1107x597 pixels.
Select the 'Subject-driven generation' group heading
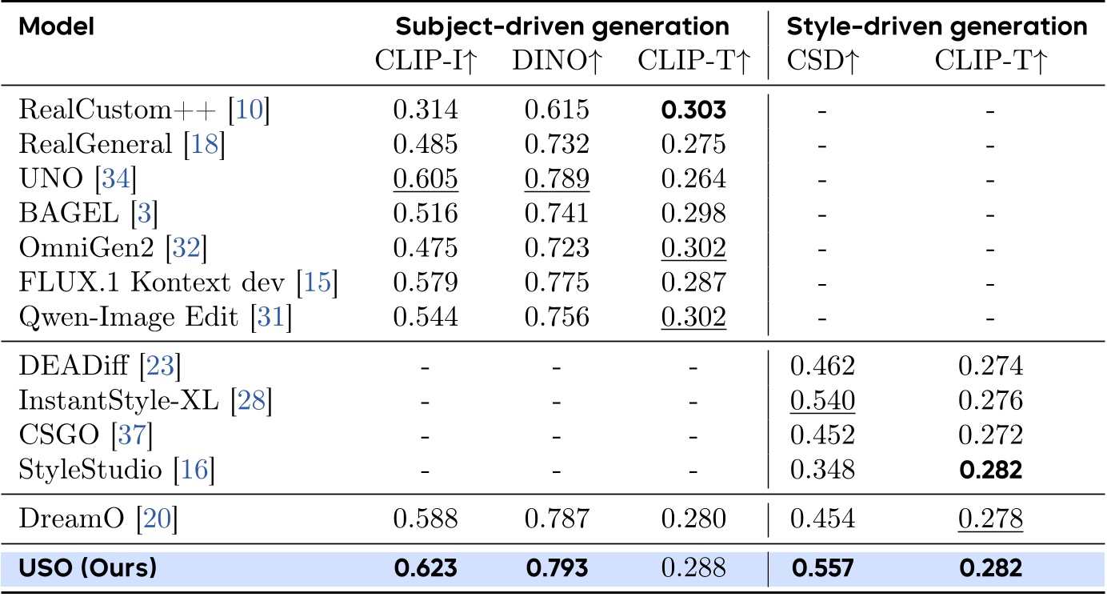(x=562, y=26)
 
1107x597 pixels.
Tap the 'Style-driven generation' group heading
(x=937, y=26)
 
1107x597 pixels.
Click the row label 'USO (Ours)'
(x=88, y=568)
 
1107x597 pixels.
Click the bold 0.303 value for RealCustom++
(x=693, y=110)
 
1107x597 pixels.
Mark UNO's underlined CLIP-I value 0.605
(x=426, y=180)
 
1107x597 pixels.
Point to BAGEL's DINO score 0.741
(x=557, y=214)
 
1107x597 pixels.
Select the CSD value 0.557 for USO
(x=822, y=568)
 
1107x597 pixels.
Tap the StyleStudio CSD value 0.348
(x=822, y=470)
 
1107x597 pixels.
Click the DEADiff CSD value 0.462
(x=822, y=366)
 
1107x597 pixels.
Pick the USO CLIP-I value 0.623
(x=426, y=568)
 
